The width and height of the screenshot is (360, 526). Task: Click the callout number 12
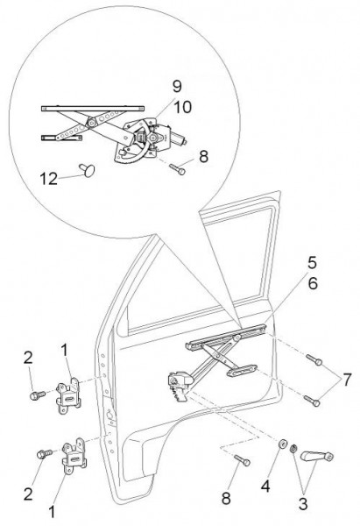coord(48,179)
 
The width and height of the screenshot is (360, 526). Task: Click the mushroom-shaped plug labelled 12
coord(88,170)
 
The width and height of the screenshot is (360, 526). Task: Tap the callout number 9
coord(177,87)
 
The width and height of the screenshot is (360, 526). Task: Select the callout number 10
coord(182,107)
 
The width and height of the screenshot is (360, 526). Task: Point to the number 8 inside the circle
coord(203,157)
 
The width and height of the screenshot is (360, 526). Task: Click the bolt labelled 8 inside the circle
coord(178,169)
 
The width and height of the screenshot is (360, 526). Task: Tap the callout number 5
coord(312,263)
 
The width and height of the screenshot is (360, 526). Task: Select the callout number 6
coord(313,284)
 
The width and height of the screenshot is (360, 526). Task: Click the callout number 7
coord(347,380)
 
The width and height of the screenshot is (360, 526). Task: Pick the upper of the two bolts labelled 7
coord(314,359)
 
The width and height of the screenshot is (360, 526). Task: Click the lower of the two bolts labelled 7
coord(312,401)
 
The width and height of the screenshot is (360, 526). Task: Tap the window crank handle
coord(317,456)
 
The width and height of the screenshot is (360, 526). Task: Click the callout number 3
coord(303,504)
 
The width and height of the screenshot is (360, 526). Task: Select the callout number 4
coord(265,486)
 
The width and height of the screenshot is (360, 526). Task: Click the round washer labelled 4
coord(282,444)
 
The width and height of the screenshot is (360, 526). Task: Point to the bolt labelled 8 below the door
coord(242,460)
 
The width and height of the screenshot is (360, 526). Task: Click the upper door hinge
coord(69,395)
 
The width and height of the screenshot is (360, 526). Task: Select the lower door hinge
coord(74,456)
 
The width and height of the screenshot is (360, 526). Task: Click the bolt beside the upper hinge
coord(38,394)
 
